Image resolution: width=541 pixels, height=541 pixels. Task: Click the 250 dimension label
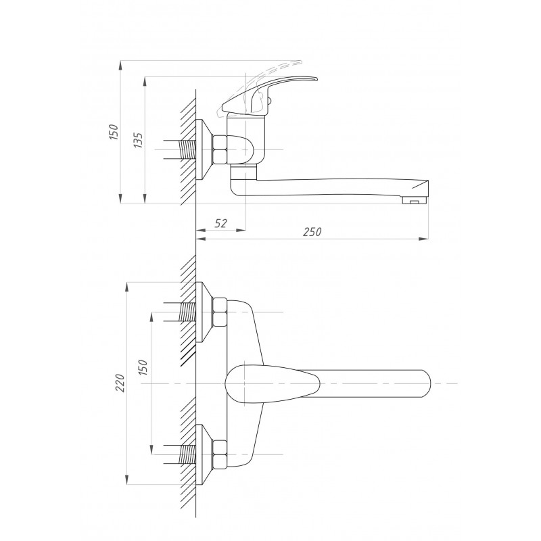click(312, 232)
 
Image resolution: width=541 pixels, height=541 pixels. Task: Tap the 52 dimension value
click(220, 224)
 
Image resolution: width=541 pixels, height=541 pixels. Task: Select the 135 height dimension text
click(138, 140)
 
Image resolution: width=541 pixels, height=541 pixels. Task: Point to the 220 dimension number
click(120, 383)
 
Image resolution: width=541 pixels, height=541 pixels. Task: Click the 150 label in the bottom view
click(142, 367)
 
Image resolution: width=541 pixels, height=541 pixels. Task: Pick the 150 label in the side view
click(113, 131)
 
